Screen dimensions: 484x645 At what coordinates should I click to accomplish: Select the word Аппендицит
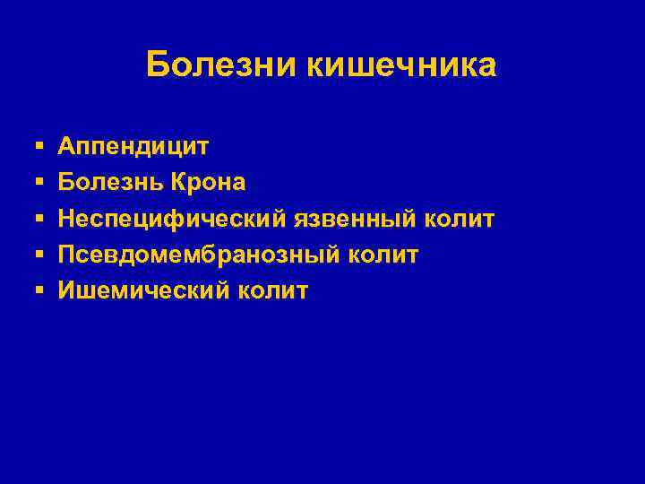click(x=134, y=146)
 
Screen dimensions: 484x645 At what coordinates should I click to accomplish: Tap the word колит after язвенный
click(x=460, y=219)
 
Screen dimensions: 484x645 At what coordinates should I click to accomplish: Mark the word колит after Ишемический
click(x=272, y=290)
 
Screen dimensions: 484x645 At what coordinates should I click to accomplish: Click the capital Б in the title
click(x=157, y=65)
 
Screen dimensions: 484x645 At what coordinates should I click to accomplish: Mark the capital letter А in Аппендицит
click(x=68, y=145)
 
